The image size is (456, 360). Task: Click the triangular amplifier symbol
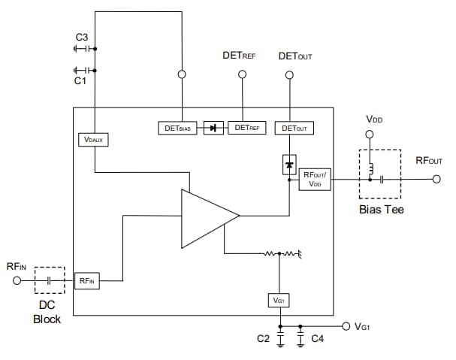pos(204,218)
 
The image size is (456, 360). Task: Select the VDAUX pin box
pos(94,140)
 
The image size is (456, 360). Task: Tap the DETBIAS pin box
pos(177,128)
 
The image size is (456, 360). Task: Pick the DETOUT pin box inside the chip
pos(294,128)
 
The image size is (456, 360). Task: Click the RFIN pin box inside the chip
pos(87,280)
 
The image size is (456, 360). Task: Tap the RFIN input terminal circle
pos(16,280)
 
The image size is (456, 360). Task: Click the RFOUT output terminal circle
pos(435,180)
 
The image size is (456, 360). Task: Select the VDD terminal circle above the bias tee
pos(369,135)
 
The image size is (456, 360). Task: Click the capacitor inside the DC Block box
pos(50,280)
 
